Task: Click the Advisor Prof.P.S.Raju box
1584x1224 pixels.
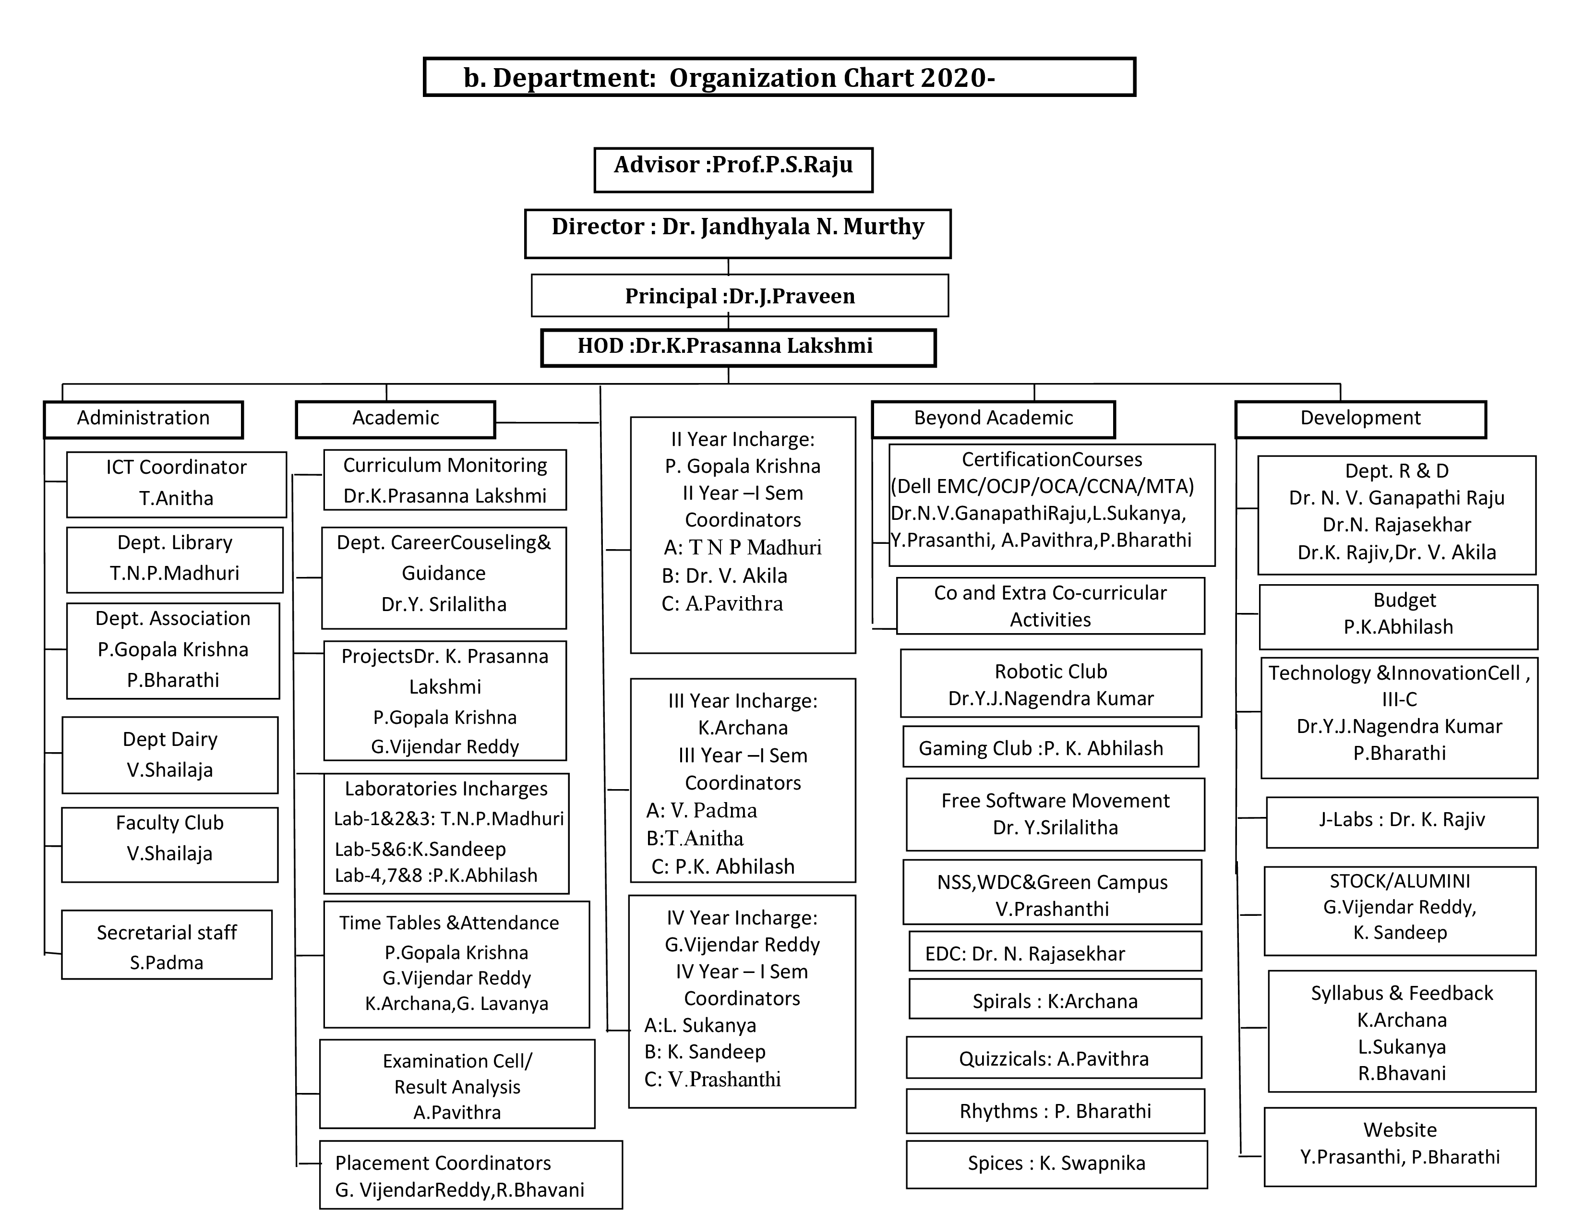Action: click(733, 169)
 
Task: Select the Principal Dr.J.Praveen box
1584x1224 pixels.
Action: click(740, 296)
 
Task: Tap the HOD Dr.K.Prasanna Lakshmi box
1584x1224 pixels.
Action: click(738, 348)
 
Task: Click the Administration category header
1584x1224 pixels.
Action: click(144, 419)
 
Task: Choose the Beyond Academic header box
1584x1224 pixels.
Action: click(993, 419)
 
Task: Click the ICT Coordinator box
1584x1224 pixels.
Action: click(176, 484)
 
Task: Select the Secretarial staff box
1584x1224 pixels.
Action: click(167, 946)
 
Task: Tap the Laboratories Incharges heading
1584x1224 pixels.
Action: click(446, 789)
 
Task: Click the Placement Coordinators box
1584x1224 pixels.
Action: click(471, 1175)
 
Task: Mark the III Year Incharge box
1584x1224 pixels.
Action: click(743, 780)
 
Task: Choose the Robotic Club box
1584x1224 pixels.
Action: click(1051, 684)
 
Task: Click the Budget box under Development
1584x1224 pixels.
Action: click(1398, 616)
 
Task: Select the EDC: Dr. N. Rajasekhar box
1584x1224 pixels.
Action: click(1055, 953)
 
